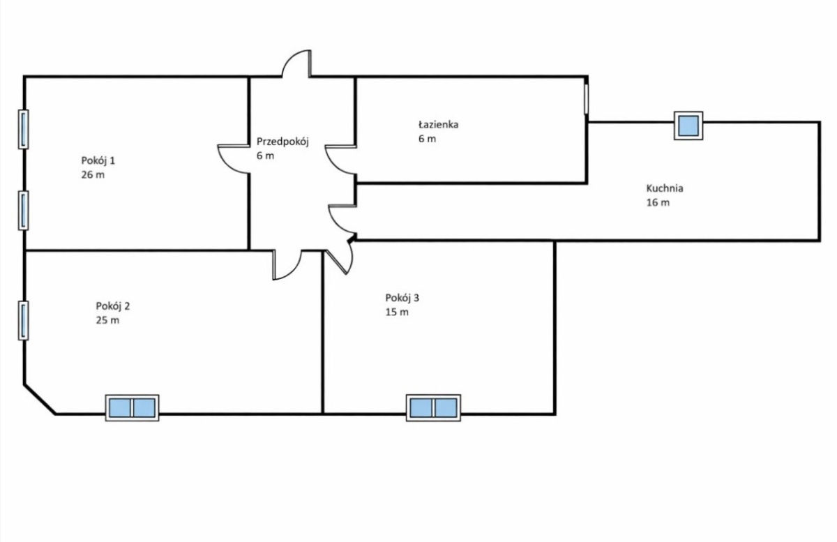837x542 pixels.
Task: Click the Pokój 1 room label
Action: pos(98,161)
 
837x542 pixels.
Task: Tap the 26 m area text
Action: pos(93,175)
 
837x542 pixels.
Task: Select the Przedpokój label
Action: pos(282,142)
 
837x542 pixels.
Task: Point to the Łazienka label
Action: pos(438,124)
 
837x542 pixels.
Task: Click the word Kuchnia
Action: pos(665,188)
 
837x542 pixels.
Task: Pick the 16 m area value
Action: pos(658,202)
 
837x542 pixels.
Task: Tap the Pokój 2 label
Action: pos(113,306)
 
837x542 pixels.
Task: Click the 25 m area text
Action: pos(107,320)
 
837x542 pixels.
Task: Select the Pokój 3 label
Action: pos(402,299)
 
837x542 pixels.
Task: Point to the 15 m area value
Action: pos(397,312)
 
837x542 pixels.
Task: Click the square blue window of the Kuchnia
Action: pos(688,126)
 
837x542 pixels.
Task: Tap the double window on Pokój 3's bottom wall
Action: pos(433,408)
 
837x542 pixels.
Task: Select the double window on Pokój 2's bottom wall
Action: pos(133,408)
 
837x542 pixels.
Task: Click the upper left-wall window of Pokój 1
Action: pos(23,129)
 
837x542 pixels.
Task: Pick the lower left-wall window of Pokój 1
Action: pos(23,211)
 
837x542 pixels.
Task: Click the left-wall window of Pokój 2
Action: pos(23,321)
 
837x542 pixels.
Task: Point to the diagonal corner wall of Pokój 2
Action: pos(40,399)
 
